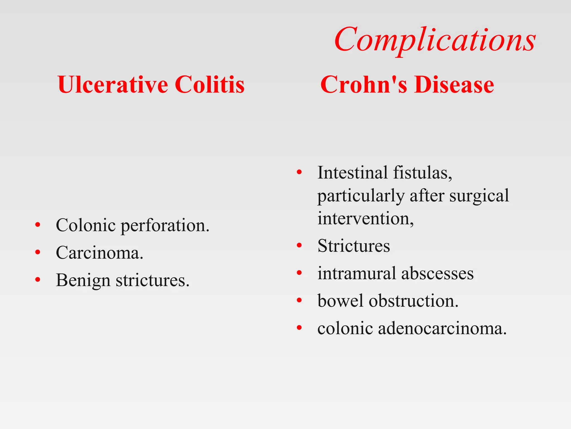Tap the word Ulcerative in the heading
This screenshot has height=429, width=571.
pos(113,85)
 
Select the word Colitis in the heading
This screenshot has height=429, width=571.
pos(210,85)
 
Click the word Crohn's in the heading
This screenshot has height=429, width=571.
pos(364,85)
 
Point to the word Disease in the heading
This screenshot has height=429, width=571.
pos(454,85)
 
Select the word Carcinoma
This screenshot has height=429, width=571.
pos(99,253)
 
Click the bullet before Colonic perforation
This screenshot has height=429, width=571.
pos(38,225)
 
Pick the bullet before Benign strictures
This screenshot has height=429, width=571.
pos(38,280)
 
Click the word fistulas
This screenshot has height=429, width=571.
pos(422,173)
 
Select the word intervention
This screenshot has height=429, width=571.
pos(365,218)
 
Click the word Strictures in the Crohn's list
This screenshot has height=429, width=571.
pos(354,246)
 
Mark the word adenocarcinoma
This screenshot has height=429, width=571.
pos(442,328)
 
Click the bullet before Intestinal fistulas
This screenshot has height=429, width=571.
pos(299,172)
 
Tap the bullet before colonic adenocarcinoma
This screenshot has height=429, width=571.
pos(299,328)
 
